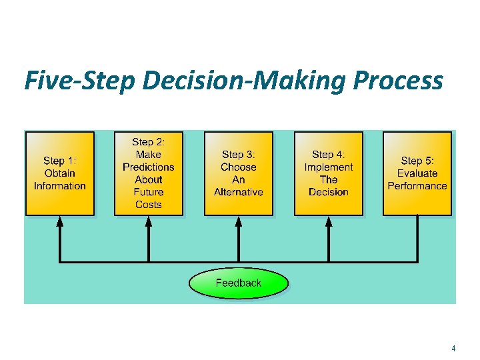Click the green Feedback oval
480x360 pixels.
tap(239, 283)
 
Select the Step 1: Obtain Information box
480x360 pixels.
tap(60, 173)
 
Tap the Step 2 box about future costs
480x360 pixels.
tap(148, 173)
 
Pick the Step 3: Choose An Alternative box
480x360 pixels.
tap(239, 173)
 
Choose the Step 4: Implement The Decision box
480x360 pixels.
tap(328, 173)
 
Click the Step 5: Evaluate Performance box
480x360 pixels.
tap(417, 173)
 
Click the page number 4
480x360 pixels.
tap(453, 348)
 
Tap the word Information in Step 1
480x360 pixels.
tap(60, 186)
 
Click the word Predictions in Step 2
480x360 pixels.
tap(148, 167)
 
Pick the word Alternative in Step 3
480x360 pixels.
tap(239, 192)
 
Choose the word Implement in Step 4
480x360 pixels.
tap(329, 167)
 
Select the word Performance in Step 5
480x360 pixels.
tap(417, 186)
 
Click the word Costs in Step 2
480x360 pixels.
tap(148, 205)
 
